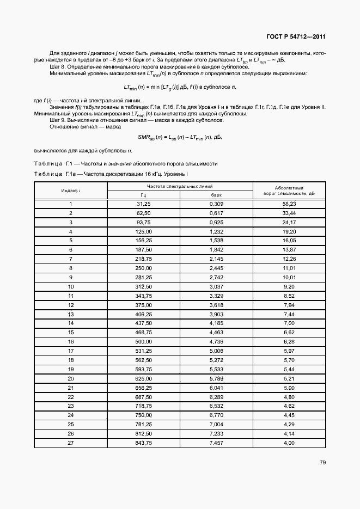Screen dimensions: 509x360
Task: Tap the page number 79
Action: [322, 463]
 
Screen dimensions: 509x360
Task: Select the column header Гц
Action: [144, 195]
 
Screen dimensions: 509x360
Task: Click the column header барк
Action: [217, 195]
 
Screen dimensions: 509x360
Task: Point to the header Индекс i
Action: [71, 191]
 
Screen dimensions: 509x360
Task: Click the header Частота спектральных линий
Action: [180, 186]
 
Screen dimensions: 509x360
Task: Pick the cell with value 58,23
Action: [289, 204]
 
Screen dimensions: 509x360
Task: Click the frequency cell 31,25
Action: [144, 204]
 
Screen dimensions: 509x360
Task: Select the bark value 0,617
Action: [217, 213]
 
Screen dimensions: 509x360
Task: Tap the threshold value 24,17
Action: [289, 222]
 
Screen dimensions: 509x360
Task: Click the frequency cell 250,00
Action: [144, 268]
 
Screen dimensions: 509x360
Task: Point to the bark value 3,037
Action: [217, 286]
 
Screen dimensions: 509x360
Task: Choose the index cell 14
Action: [71, 323]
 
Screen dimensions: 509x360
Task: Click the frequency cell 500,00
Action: [144, 341]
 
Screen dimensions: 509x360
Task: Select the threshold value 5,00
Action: [289, 387]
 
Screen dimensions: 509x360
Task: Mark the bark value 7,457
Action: [217, 443]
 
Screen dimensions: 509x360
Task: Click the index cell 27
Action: [71, 443]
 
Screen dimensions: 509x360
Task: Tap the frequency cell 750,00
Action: [144, 415]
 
